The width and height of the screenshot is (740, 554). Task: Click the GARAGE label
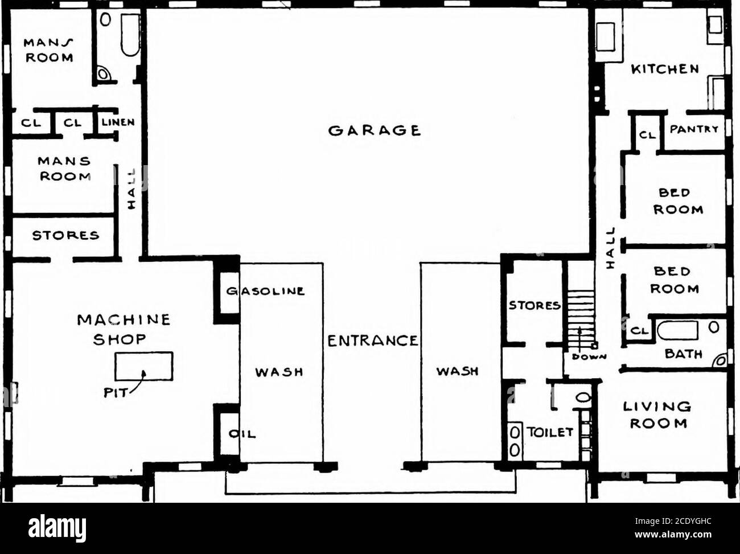click(x=374, y=130)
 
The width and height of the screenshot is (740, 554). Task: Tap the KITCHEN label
click(x=664, y=69)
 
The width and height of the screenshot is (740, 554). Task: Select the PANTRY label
click(x=693, y=129)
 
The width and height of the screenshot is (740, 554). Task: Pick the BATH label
click(x=683, y=354)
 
